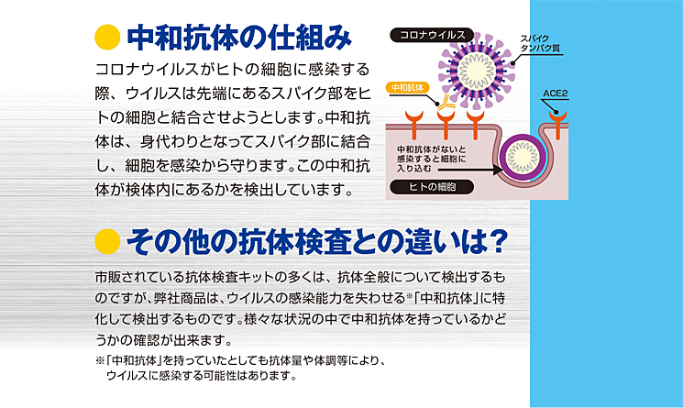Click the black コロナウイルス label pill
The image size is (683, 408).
point(431,35)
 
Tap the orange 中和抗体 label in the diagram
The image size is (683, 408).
point(407,87)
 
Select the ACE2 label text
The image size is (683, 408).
point(555,94)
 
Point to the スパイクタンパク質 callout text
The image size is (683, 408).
point(540,43)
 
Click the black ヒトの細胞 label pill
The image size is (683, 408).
point(432,187)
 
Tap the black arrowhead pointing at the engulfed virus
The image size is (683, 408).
point(498,170)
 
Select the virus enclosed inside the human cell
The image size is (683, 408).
point(522,157)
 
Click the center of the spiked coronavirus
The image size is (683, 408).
point(477,71)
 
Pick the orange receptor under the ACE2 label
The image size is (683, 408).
point(557,124)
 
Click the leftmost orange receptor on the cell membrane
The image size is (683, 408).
point(413,124)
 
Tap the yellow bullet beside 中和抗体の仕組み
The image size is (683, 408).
point(107,37)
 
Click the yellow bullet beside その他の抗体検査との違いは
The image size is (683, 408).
point(107,241)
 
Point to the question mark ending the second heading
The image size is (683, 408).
point(498,241)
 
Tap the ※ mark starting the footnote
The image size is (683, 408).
point(100,361)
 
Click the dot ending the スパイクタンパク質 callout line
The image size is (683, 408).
point(512,63)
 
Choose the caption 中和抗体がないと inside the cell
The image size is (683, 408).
point(431,149)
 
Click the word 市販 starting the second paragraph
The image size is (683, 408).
point(107,277)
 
